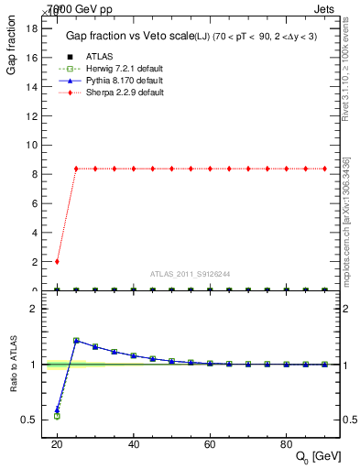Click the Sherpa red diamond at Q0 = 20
(57, 261)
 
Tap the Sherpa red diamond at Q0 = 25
(76, 169)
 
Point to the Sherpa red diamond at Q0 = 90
(325, 169)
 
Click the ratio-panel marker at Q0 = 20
(57, 411)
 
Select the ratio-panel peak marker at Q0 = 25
(76, 340)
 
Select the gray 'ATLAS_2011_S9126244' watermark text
(191, 273)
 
